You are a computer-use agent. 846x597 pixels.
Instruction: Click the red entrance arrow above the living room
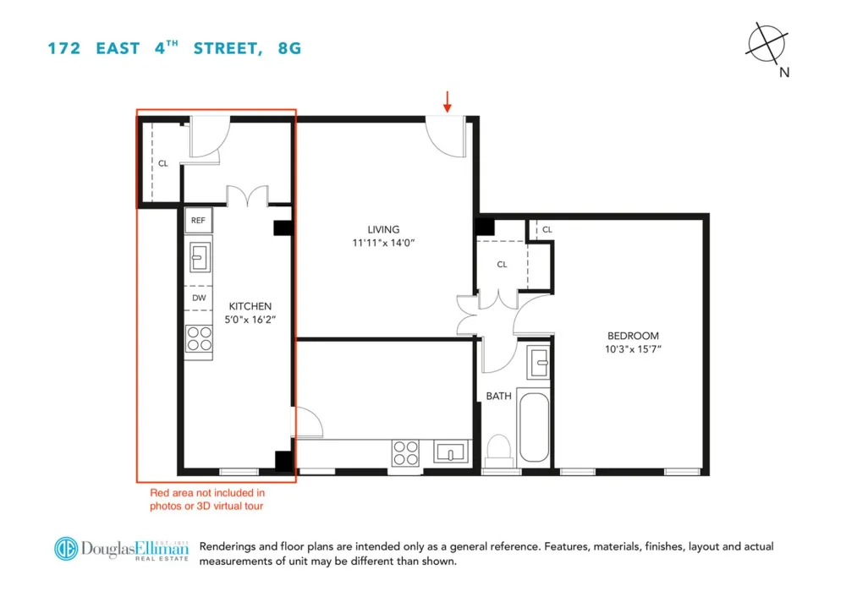coord(447,101)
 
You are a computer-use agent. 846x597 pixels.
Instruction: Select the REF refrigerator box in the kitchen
coord(198,220)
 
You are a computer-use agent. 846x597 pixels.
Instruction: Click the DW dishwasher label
coord(199,298)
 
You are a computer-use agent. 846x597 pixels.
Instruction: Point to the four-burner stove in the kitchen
coord(199,339)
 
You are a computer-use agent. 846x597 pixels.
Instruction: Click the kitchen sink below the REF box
coord(199,257)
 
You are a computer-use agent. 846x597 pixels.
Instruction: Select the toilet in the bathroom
coord(498,451)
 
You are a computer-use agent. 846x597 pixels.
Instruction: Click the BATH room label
coord(498,396)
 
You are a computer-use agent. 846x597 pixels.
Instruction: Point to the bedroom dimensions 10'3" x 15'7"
coord(633,349)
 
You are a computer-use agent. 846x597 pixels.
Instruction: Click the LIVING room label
coord(383,229)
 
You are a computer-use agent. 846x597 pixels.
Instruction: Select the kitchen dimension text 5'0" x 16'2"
coord(250,320)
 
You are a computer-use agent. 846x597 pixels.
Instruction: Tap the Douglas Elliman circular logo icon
coord(66,549)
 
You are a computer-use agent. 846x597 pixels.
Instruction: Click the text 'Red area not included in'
coord(207,492)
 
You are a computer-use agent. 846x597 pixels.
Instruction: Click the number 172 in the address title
coord(64,48)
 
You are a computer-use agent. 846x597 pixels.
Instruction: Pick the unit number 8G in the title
coord(289,48)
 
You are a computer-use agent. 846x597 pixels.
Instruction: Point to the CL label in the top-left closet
coord(163,163)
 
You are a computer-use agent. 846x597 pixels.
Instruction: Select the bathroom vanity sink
coord(538,362)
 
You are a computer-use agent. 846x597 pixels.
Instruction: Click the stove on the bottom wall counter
coord(406,453)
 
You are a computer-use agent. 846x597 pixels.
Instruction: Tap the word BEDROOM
coord(633,336)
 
